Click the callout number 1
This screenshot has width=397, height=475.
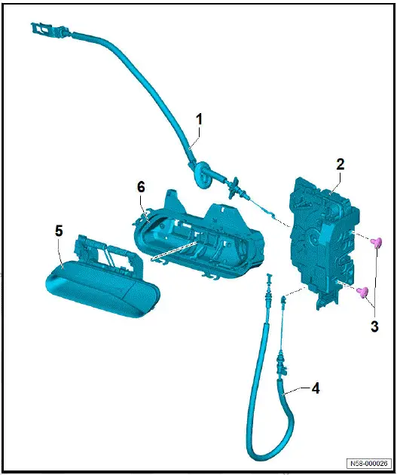(200, 119)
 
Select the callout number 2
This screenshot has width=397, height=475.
(341, 164)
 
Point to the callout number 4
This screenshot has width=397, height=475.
(316, 389)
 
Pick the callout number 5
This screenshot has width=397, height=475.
(59, 231)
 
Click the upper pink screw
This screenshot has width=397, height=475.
(378, 241)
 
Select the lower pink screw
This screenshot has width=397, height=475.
(362, 292)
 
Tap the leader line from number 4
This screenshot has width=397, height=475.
(299, 391)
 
